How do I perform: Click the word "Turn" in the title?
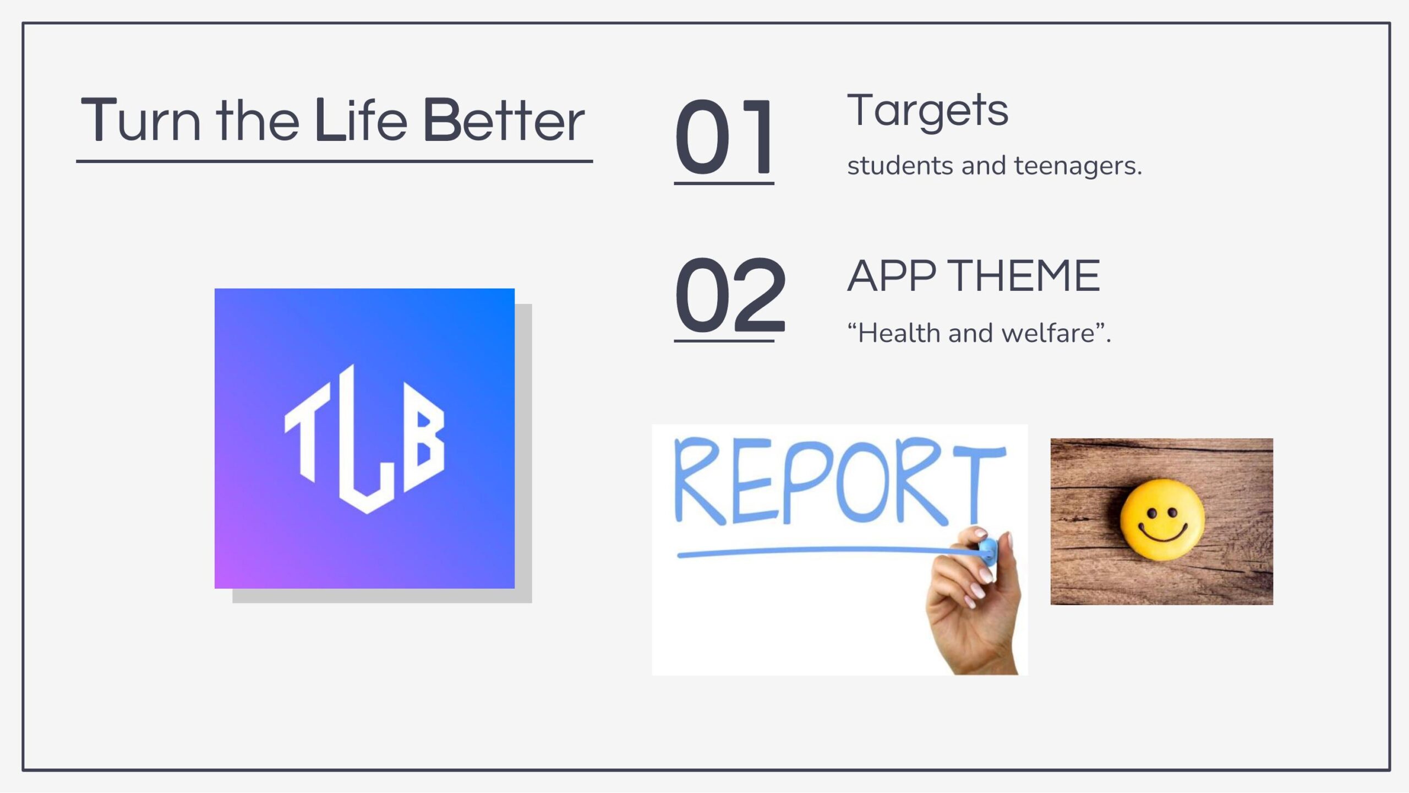coord(141,120)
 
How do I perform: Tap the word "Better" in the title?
coord(503,120)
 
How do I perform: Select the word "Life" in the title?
coord(361,120)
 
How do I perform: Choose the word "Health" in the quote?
coord(898,333)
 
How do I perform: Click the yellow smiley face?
coord(1162,520)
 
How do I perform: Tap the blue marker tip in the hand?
coord(987,551)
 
